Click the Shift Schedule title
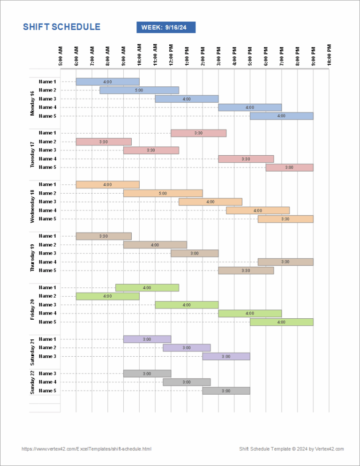click(x=61, y=27)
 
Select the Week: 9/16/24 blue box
click(x=166, y=28)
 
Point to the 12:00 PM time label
click(x=171, y=55)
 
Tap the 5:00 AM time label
click(x=60, y=55)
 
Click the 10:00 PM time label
click(x=329, y=54)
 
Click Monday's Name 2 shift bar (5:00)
click(x=139, y=90)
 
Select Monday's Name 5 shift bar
click(x=281, y=116)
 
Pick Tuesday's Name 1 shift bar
click(x=198, y=133)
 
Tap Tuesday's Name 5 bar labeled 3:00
click(x=289, y=167)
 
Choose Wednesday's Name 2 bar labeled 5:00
click(x=163, y=193)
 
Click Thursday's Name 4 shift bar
click(x=285, y=262)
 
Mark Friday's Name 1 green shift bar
click(x=147, y=287)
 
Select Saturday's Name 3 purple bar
click(x=226, y=356)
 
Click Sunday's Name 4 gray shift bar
click(x=187, y=382)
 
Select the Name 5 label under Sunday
click(x=47, y=391)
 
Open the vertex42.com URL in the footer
click(x=86, y=449)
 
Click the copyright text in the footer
click(x=292, y=449)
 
